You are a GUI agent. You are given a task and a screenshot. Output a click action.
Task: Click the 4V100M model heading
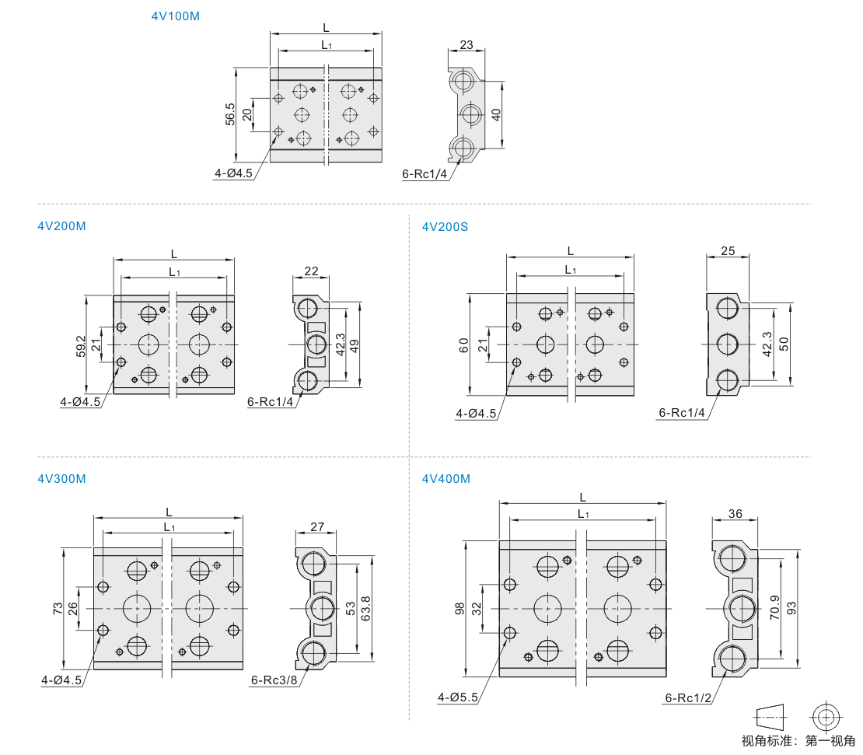click(x=175, y=16)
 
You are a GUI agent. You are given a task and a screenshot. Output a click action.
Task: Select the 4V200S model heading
click(x=445, y=227)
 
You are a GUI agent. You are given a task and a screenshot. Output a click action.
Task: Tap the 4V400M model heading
click(x=445, y=479)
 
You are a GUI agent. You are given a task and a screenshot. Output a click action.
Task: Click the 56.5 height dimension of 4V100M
click(x=230, y=114)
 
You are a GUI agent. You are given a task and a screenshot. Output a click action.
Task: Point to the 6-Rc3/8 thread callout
click(x=274, y=680)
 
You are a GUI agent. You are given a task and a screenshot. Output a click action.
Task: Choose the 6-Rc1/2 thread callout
click(x=688, y=697)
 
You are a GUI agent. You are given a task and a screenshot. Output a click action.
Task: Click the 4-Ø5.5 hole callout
click(x=458, y=697)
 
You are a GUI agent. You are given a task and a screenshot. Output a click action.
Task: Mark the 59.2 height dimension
click(x=81, y=344)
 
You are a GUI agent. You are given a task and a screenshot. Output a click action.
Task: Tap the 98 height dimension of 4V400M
click(x=459, y=608)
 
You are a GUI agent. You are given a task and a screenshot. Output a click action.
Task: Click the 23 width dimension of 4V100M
click(x=466, y=44)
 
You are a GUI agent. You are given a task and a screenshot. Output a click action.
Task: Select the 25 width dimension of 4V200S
click(x=728, y=251)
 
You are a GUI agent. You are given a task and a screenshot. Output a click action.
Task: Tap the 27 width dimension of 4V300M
click(x=316, y=526)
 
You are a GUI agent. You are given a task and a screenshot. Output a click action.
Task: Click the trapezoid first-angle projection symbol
click(x=770, y=715)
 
